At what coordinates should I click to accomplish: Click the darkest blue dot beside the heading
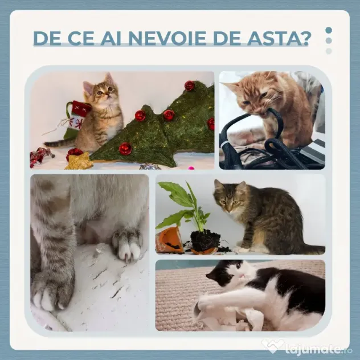(x=329, y=30)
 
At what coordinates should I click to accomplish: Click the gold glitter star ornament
(x=79, y=162)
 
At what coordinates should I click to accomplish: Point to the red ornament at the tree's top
(x=189, y=85)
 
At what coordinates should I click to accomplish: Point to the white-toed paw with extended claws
(x=126, y=246)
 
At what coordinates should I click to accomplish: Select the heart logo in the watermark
(x=272, y=346)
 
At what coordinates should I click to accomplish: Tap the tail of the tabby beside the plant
(x=313, y=249)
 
